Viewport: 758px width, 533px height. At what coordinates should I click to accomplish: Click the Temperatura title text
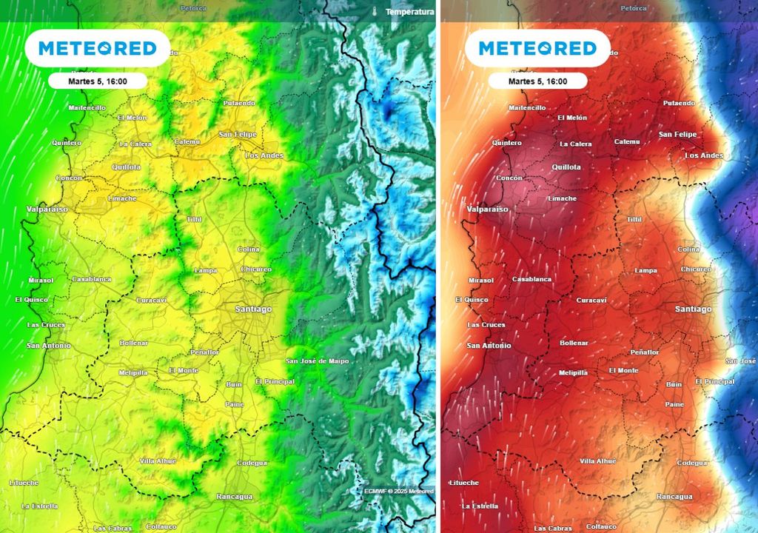pyautogui.click(x=409, y=12)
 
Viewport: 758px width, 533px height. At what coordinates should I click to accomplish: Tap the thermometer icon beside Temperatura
pyautogui.click(x=375, y=12)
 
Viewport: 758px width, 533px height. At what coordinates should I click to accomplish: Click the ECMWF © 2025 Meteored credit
pyautogui.click(x=398, y=491)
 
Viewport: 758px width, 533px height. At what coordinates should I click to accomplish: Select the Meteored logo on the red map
pyautogui.click(x=537, y=49)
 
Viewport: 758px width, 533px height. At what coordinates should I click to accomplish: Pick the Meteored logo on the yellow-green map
pyautogui.click(x=98, y=49)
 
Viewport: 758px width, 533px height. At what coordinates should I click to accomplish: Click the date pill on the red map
pyautogui.click(x=537, y=81)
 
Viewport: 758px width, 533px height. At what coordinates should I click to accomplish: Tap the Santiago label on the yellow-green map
pyautogui.click(x=253, y=309)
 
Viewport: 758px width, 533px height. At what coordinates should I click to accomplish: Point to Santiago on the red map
pyautogui.click(x=693, y=309)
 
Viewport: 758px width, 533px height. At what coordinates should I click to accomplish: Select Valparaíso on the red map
pyautogui.click(x=487, y=209)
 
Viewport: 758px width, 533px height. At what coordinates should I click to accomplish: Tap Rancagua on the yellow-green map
pyautogui.click(x=235, y=497)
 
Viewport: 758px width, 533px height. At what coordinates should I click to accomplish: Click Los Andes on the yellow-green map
pyautogui.click(x=264, y=155)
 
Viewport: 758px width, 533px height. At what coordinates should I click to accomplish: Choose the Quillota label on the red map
pyautogui.click(x=566, y=167)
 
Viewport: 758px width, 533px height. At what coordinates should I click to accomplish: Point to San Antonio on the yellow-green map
pyautogui.click(x=49, y=346)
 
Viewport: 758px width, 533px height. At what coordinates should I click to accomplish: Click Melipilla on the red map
pyautogui.click(x=573, y=372)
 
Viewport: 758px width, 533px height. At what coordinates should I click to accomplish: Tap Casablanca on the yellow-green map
pyautogui.click(x=92, y=279)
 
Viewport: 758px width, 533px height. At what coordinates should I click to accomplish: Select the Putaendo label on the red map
pyautogui.click(x=679, y=103)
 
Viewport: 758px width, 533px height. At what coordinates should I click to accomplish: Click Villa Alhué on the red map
pyautogui.click(x=597, y=460)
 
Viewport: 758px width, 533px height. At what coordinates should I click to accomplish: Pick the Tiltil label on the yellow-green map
pyautogui.click(x=195, y=220)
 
